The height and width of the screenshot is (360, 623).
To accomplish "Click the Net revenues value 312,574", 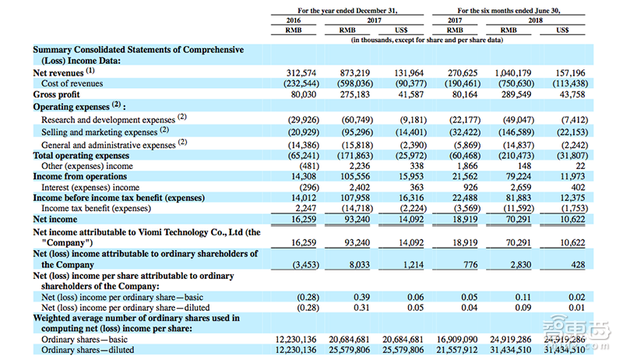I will point(295,72).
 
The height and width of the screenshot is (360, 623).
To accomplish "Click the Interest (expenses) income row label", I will point(90,187).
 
